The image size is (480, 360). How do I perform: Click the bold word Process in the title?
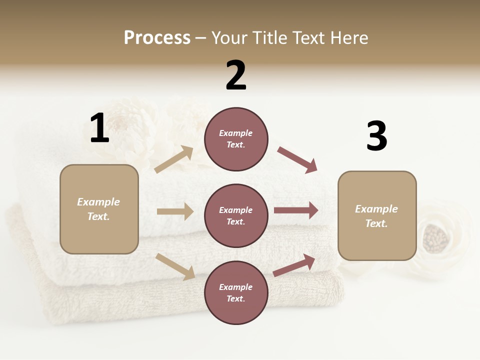click(x=157, y=38)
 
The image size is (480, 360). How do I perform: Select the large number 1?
click(x=99, y=128)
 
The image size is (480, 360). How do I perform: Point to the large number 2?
click(x=236, y=75)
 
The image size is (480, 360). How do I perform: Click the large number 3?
click(x=376, y=136)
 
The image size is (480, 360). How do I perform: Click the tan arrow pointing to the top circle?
click(x=174, y=159)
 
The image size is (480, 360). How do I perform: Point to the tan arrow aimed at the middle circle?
click(x=175, y=211)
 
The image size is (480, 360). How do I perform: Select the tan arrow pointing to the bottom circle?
click(x=175, y=266)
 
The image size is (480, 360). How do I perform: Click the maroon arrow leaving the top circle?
click(x=297, y=160)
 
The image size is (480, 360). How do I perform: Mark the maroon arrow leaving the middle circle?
click(x=296, y=210)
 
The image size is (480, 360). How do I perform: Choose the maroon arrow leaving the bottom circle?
click(x=294, y=265)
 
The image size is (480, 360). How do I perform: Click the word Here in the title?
click(x=348, y=38)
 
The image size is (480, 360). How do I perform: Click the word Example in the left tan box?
click(x=98, y=202)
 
